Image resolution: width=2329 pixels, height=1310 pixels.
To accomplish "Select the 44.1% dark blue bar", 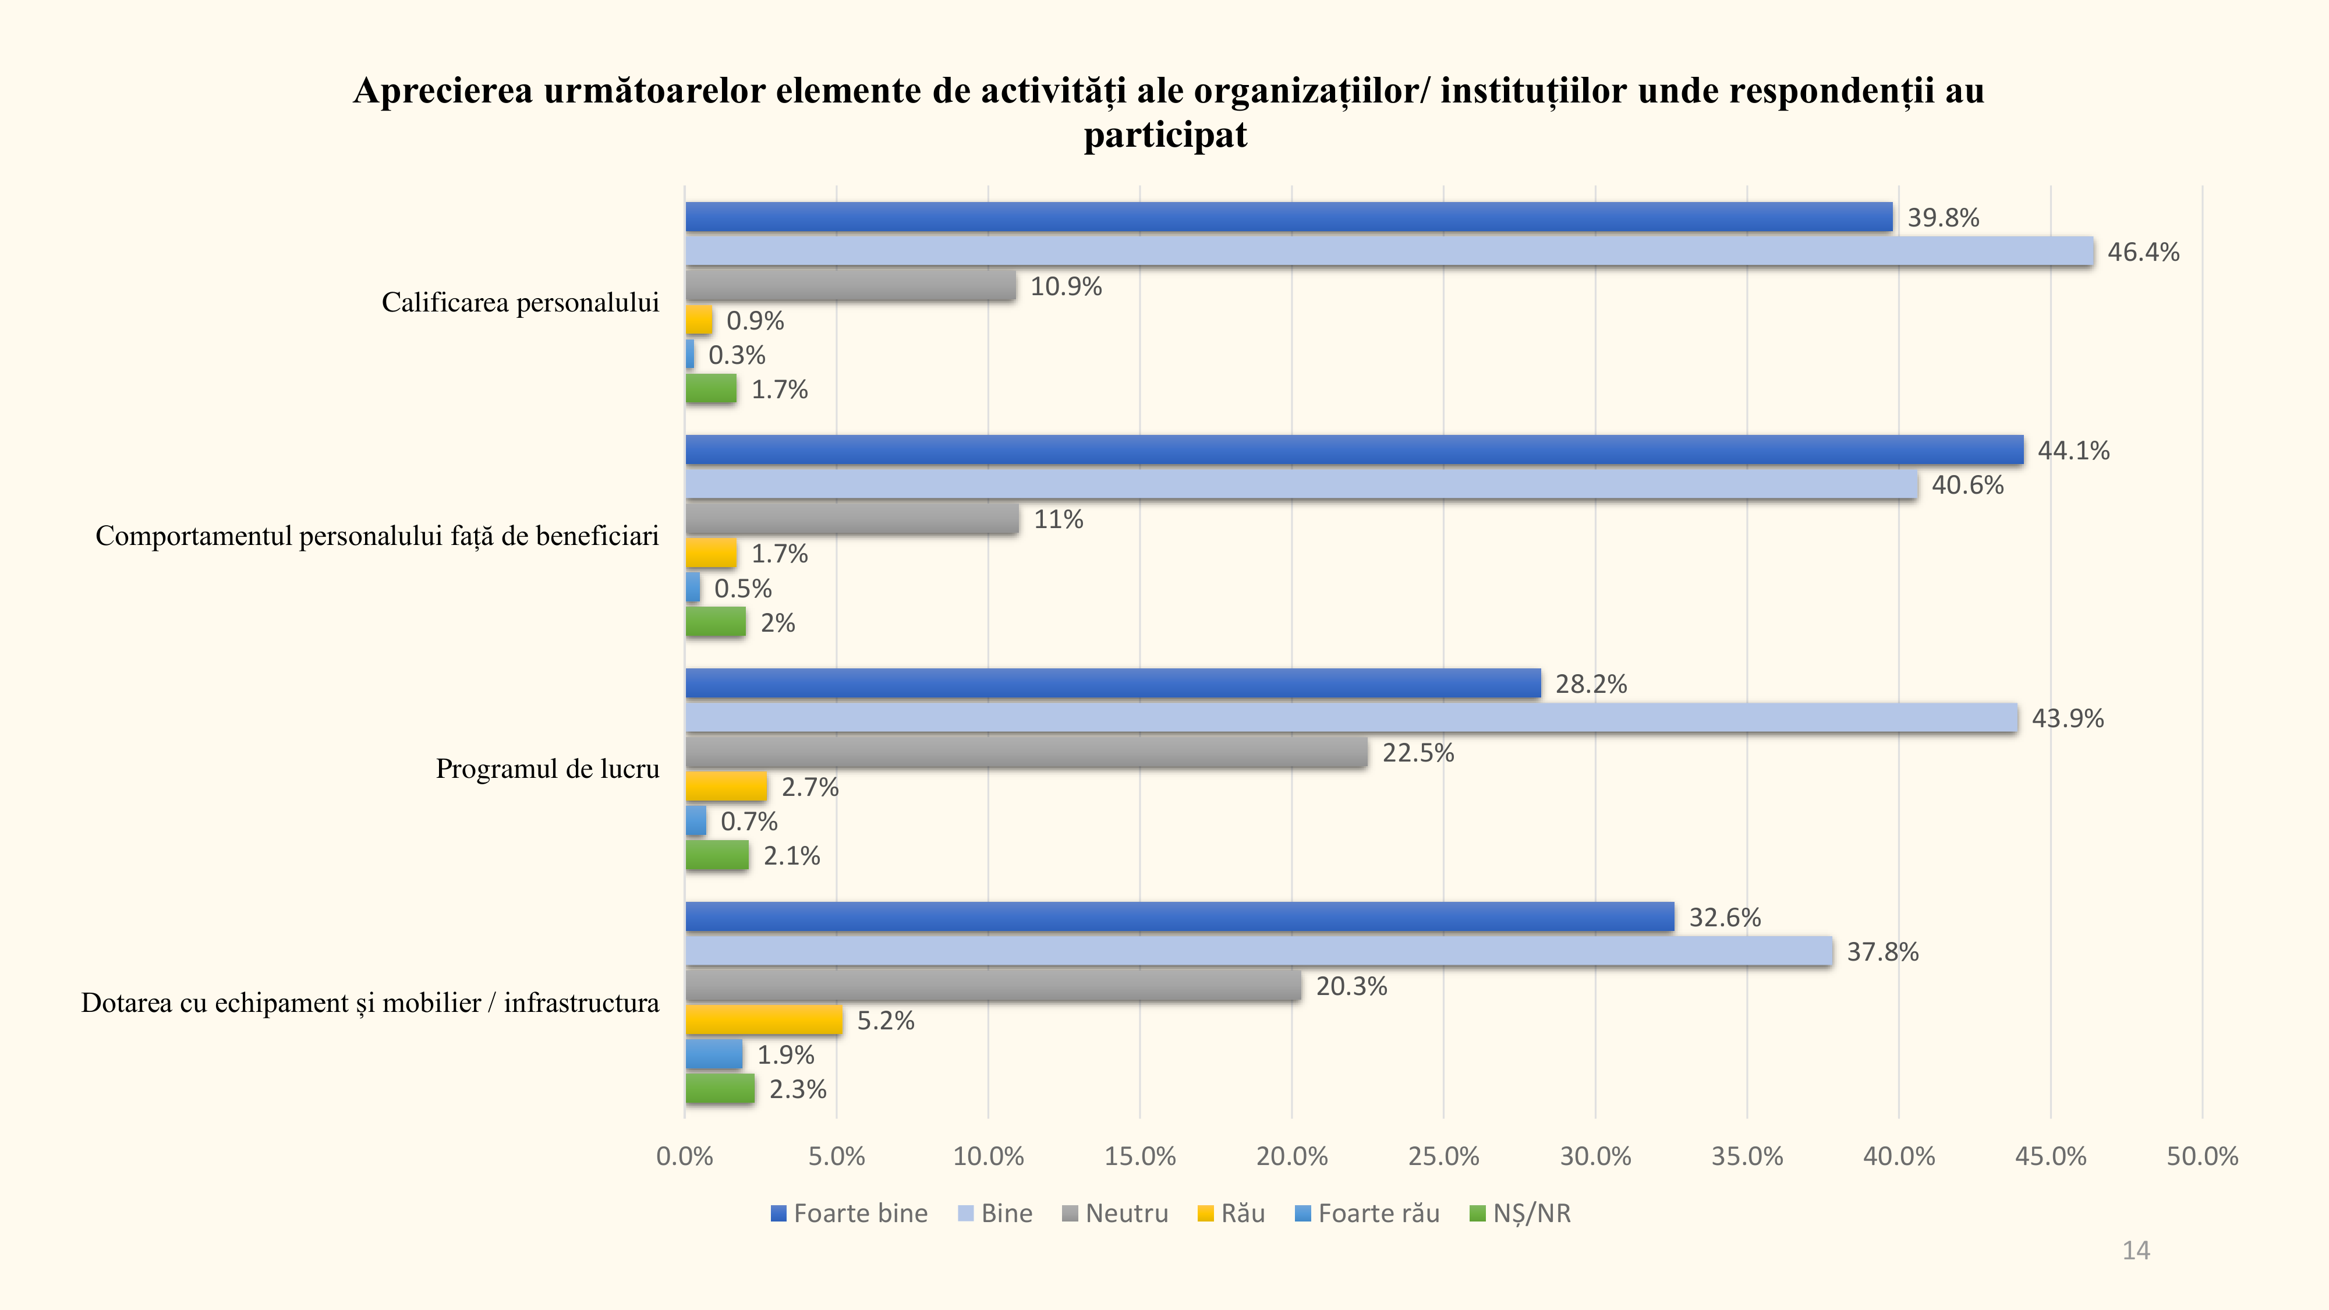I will click(1354, 450).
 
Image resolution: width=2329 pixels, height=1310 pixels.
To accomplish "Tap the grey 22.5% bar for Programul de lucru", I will click(1026, 752).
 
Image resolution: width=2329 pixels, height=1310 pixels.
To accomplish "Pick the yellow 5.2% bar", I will click(764, 1020).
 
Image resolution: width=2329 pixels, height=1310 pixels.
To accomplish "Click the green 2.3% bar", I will click(720, 1089).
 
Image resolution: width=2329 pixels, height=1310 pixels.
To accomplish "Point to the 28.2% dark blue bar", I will click(1113, 684).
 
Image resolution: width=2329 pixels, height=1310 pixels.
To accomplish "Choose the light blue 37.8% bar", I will click(1258, 951).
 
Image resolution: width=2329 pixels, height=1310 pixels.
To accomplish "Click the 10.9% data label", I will click(1066, 286).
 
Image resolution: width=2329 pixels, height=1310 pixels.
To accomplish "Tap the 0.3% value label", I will click(737, 355).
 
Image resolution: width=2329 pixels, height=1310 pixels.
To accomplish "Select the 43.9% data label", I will click(2068, 718).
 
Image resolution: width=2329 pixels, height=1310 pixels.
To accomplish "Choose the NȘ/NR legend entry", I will click(1521, 1213).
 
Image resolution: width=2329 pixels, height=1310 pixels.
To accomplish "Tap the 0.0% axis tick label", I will click(684, 1156).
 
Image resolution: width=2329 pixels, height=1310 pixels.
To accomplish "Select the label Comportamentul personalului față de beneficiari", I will click(377, 536).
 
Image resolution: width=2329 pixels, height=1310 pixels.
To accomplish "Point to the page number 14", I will click(2136, 1251).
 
